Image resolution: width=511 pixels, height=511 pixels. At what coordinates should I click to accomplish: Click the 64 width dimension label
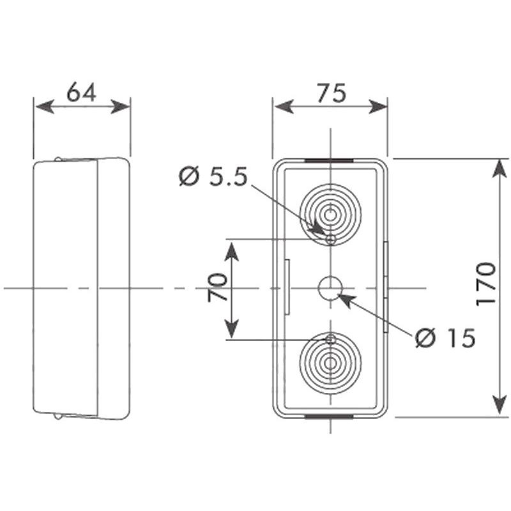pos(82,92)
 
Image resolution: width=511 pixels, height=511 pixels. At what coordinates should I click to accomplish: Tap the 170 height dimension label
pos(485,284)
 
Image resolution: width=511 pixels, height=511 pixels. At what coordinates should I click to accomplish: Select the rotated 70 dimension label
pos(217,287)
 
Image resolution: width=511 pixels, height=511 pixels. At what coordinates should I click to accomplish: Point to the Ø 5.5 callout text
pos(213,176)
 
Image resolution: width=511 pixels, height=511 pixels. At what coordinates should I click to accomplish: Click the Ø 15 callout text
pos(445,338)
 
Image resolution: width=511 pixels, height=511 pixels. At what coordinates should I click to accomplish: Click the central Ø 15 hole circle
pos(330,288)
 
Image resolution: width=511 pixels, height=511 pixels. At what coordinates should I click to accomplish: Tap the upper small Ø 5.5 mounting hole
pos(331,240)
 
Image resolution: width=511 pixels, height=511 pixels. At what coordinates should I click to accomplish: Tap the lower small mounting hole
pos(330,340)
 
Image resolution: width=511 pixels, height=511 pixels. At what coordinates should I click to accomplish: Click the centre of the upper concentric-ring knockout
pos(330,215)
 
